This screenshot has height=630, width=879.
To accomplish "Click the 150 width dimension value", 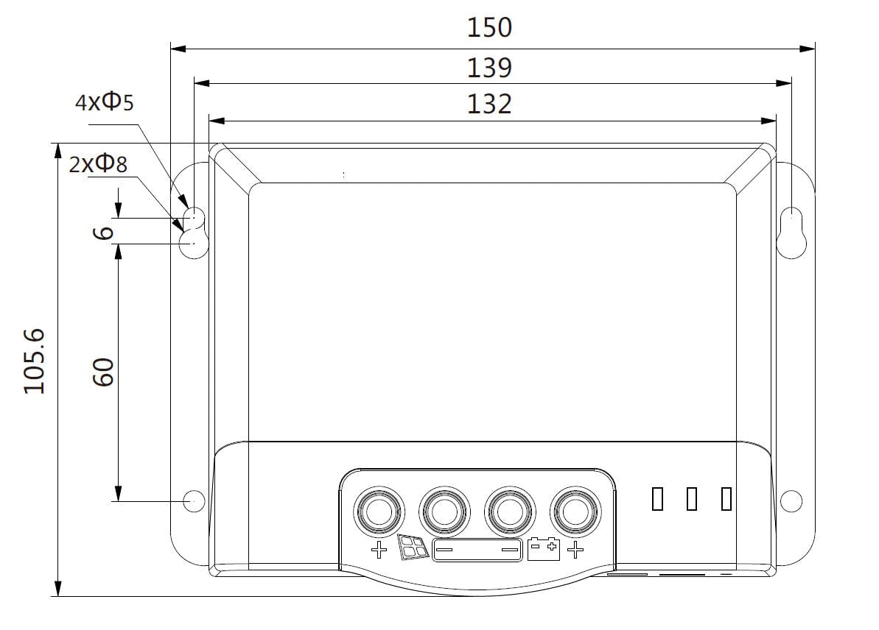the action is click(x=489, y=27).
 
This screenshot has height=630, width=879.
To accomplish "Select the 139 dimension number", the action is click(x=489, y=68).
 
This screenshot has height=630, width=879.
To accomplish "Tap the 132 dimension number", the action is click(x=489, y=105).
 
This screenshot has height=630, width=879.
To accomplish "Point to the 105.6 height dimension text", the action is click(x=34, y=361).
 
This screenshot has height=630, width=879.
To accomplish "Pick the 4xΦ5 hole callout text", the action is click(x=105, y=102).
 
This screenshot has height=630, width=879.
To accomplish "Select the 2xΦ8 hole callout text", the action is click(x=98, y=163).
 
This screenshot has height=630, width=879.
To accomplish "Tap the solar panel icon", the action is click(x=414, y=547).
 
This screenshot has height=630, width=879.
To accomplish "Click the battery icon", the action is click(x=544, y=549).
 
